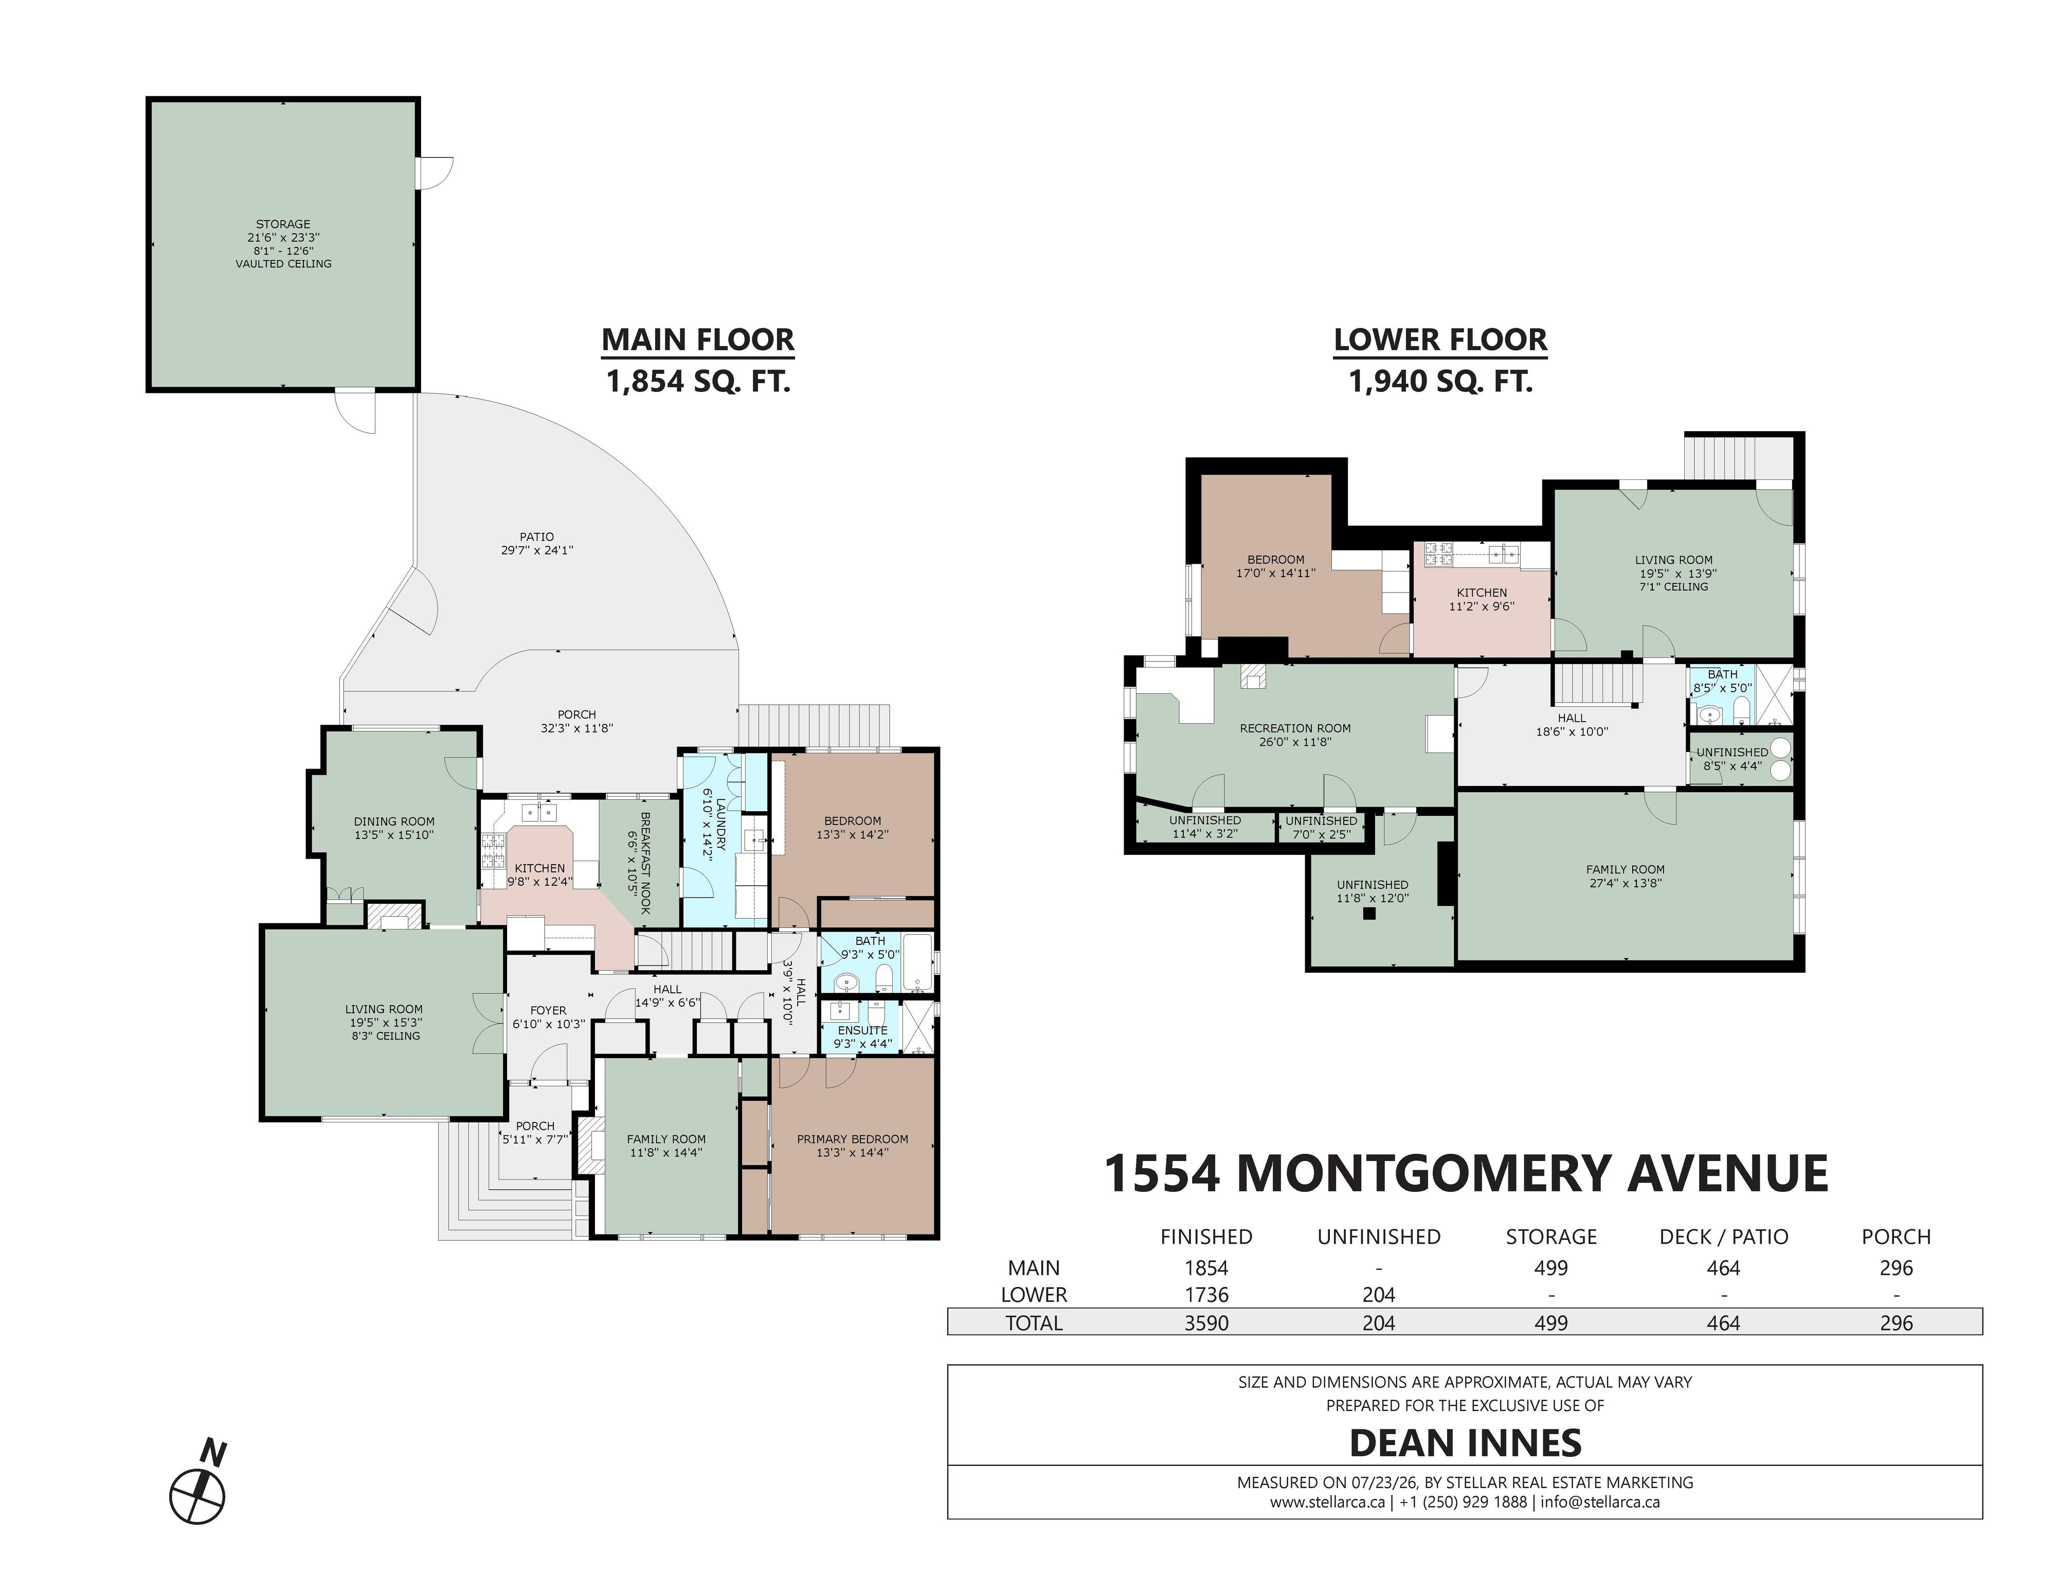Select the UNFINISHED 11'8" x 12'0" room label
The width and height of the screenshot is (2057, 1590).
click(1372, 891)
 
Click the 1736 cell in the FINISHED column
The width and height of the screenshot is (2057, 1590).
click(1206, 1295)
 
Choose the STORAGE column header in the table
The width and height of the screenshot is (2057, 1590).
click(1551, 1237)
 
